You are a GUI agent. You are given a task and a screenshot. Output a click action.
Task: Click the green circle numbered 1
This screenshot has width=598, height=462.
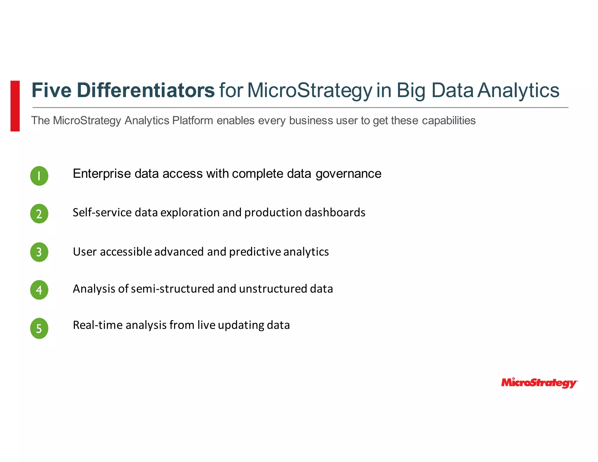tap(39, 176)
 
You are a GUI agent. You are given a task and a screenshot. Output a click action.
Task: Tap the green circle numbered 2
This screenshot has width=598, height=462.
tap(39, 214)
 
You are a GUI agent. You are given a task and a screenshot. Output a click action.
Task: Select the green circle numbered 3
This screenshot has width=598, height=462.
tap(39, 252)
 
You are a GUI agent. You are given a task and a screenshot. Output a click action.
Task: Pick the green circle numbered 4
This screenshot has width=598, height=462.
tap(39, 290)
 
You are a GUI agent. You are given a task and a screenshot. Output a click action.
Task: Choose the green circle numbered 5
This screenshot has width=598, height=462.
tap(39, 329)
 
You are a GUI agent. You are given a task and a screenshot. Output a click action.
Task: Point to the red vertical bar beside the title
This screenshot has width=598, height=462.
tap(15, 106)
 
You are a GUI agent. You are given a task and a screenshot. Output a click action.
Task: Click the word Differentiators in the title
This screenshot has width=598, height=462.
tap(146, 90)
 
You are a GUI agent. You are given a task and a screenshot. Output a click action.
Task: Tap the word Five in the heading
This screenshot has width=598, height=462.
tap(51, 90)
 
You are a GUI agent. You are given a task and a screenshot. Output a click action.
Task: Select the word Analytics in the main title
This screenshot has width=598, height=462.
tap(519, 90)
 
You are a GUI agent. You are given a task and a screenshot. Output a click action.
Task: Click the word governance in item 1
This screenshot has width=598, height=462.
tap(348, 174)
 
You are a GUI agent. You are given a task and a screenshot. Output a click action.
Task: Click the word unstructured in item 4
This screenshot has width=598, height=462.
tap(273, 289)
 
